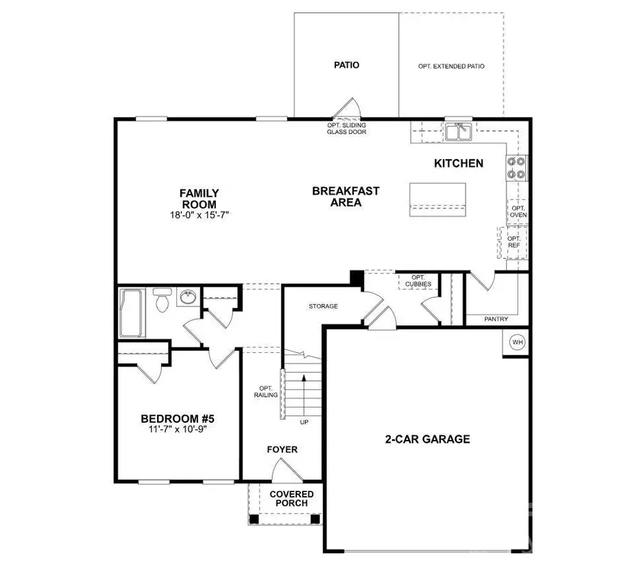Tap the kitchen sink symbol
457,132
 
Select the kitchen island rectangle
437,199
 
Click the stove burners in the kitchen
517,168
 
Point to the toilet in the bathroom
162,301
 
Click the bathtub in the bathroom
132,313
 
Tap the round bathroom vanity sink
186,297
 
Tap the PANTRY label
496,319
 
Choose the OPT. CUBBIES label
418,280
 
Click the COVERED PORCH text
291,498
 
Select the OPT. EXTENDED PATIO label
451,66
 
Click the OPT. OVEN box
518,211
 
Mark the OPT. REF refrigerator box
514,242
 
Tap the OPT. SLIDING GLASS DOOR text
346,128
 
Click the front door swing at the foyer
282,472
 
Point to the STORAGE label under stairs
323,306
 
